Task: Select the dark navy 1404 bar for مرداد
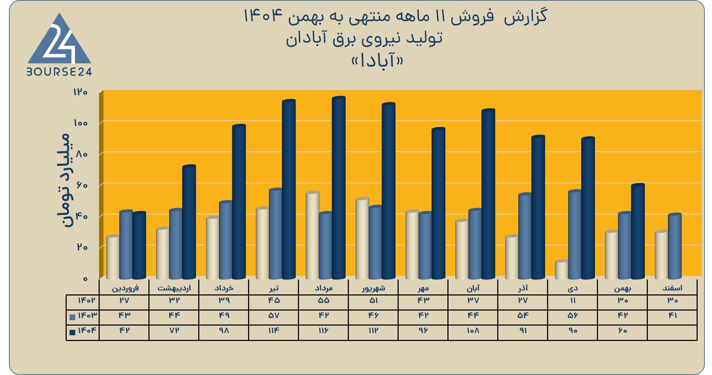tap(339, 188)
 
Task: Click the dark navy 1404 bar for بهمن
tap(638, 231)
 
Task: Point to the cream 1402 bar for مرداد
tap(312, 235)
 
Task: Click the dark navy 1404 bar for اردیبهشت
tap(189, 222)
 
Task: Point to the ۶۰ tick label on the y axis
tap(82, 185)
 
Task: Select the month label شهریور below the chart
tap(374, 288)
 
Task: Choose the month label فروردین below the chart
tap(125, 288)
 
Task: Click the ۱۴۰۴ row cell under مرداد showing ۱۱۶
tap(323, 331)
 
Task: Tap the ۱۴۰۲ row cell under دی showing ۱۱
tap(573, 301)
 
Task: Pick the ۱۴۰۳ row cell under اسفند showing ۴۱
tap(673, 316)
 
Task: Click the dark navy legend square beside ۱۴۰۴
tap(72, 332)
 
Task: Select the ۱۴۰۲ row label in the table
tap(86, 301)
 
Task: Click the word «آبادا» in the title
tap(378, 61)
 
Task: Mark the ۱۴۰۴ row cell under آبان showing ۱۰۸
tap(473, 331)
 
